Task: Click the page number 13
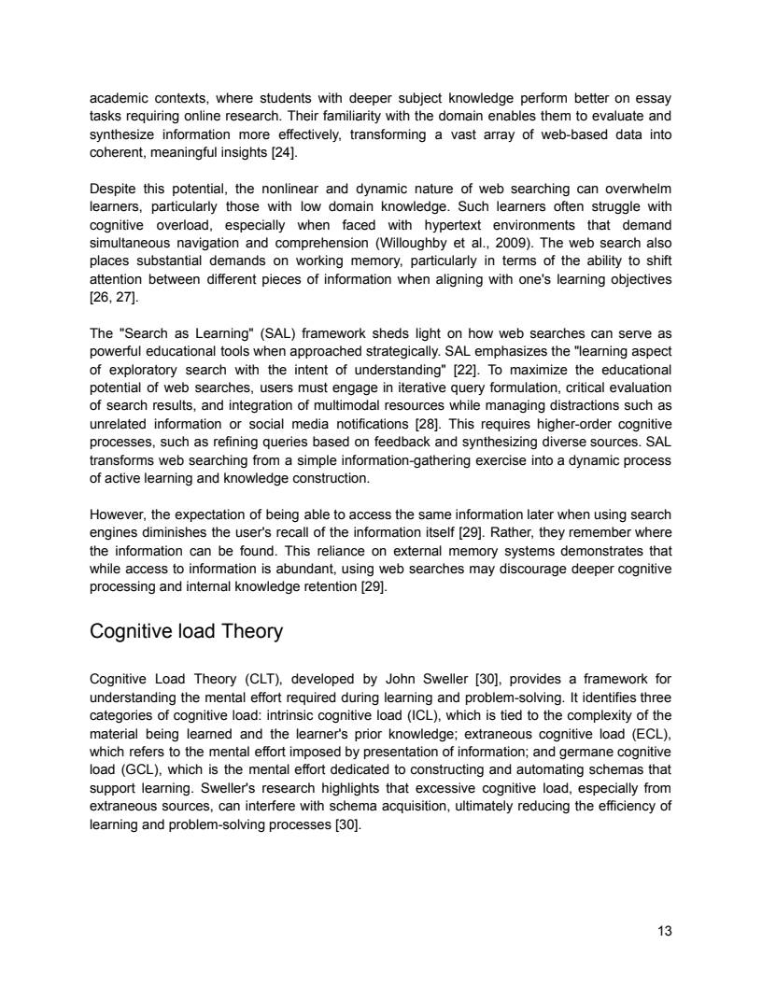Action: coord(665,930)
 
